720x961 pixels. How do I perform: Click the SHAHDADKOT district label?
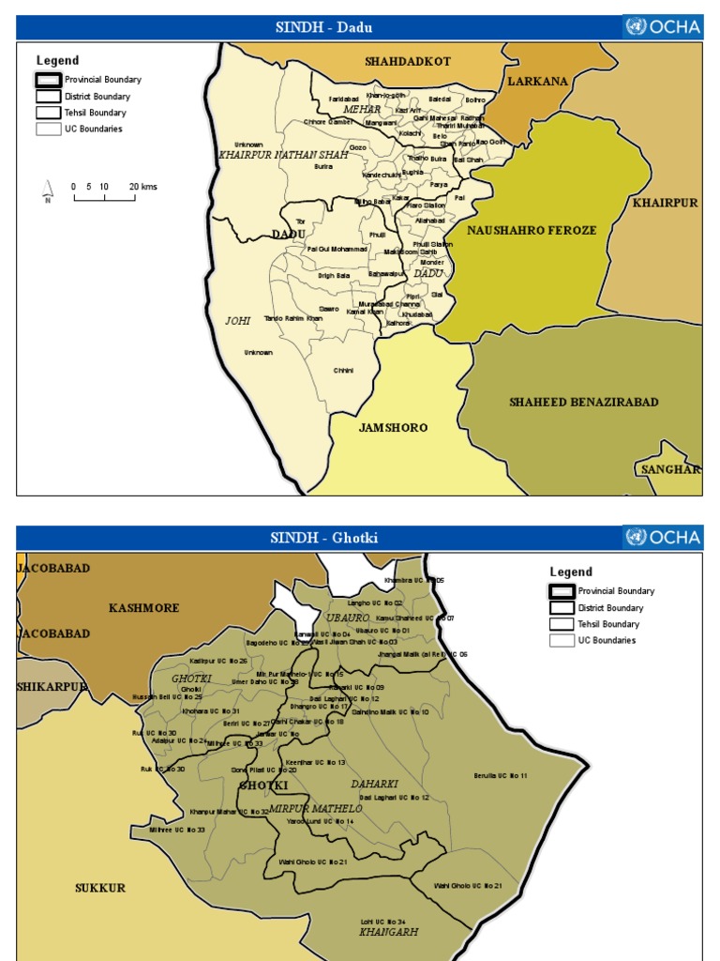(408, 61)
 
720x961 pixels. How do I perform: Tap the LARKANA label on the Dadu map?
(538, 82)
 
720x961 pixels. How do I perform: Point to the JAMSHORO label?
(393, 428)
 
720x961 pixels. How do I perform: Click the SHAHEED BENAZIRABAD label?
(583, 403)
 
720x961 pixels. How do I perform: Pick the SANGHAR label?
(669, 469)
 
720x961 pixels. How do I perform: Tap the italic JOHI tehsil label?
(238, 321)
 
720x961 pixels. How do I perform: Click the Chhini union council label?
(343, 371)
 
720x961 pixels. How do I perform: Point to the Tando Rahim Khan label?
(293, 319)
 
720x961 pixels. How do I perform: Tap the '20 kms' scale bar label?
(143, 187)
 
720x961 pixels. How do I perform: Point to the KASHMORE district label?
(143, 608)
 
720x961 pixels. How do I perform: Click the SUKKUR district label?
(100, 888)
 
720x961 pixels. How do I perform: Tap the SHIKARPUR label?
(52, 687)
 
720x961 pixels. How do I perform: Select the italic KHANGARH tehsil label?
(388, 933)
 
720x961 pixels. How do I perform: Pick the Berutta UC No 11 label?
(500, 776)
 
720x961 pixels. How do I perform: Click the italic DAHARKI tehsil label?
(374, 784)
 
